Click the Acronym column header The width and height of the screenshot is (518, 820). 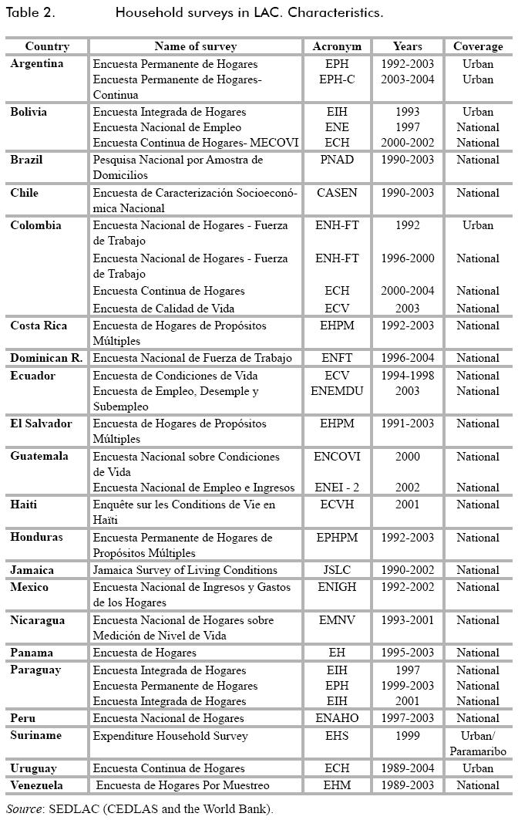337,46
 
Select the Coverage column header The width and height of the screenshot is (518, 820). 477,46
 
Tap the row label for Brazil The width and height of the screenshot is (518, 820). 26,160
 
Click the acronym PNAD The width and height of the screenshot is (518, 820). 337,160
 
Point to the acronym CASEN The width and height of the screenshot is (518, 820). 337,193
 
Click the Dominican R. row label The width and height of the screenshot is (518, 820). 46,358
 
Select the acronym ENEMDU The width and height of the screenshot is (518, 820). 337,391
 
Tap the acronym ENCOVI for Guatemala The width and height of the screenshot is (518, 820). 337,457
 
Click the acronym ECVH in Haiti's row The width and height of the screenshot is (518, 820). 337,504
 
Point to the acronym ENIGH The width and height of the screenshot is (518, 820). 337,587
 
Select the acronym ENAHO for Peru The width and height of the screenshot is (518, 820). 337,718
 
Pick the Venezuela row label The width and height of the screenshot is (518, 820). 36,785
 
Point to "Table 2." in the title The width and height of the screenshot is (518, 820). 31,13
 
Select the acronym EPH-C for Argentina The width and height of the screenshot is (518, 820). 337,79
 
